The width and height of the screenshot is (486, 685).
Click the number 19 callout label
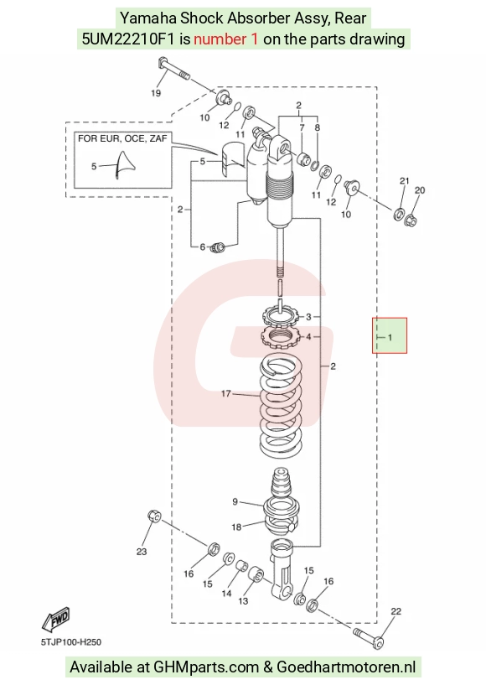pyautogui.click(x=156, y=92)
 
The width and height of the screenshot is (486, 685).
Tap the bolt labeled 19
pyautogui.click(x=173, y=69)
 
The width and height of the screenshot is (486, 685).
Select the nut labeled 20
pyautogui.click(x=411, y=220)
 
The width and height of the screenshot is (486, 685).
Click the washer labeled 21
pyautogui.click(x=399, y=214)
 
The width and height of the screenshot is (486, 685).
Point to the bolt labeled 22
pyautogui.click(x=370, y=636)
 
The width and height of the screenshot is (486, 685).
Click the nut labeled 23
pyautogui.click(x=154, y=516)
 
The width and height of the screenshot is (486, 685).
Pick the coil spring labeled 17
pyautogui.click(x=281, y=406)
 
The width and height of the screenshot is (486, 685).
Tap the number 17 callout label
pyautogui.click(x=225, y=393)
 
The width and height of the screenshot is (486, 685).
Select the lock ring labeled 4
pyautogui.click(x=280, y=336)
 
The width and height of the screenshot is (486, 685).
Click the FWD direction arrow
pyautogui.click(x=55, y=619)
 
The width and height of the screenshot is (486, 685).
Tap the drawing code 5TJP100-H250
pyautogui.click(x=70, y=642)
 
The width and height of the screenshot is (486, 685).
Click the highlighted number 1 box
pyautogui.click(x=390, y=335)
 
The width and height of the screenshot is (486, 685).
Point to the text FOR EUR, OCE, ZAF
pyautogui.click(x=122, y=138)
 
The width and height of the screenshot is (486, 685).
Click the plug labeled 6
pyautogui.click(x=218, y=247)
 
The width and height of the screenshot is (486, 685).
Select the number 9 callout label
pyautogui.click(x=235, y=501)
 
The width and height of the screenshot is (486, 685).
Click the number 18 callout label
pyautogui.click(x=236, y=527)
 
